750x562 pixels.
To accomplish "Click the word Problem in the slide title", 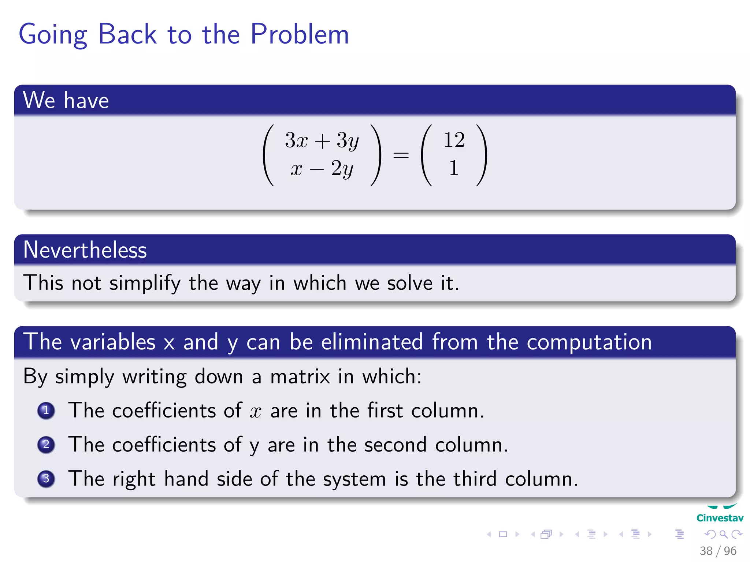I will (300, 34).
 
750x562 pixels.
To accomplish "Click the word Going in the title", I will (53, 35).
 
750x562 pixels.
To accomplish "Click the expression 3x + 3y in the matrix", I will (322, 140).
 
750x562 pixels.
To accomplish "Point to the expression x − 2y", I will (322, 169).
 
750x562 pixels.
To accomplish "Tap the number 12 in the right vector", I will (454, 140).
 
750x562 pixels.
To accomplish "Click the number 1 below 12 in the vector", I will (454, 168).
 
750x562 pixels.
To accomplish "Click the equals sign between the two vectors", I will (401, 155).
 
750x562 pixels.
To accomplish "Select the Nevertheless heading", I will (85, 250).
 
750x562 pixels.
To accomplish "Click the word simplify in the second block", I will (145, 283).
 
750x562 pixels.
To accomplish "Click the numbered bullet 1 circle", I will (46, 411).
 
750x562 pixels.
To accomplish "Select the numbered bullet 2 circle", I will (46, 445).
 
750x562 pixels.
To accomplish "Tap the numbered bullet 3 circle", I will (46, 479).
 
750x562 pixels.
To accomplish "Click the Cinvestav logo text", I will (720, 518).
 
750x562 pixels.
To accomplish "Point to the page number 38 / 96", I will (718, 551).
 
